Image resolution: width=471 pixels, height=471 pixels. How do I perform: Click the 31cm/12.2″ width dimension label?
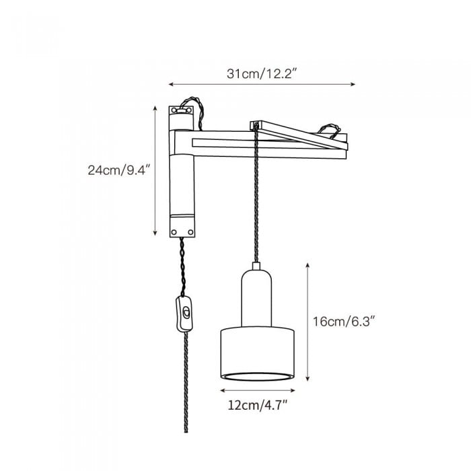[x=262, y=74]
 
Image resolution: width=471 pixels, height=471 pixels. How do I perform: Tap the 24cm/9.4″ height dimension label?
[x=118, y=170]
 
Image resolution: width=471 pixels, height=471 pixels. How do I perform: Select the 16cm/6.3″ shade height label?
[x=344, y=322]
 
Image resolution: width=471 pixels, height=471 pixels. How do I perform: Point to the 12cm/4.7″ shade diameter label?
[x=258, y=405]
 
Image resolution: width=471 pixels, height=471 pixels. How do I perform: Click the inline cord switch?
[x=184, y=314]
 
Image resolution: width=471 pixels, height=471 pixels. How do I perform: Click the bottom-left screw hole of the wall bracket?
[x=174, y=232]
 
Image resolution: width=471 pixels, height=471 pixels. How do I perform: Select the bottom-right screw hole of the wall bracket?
[x=190, y=232]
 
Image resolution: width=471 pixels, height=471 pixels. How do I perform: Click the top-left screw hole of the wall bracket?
[x=174, y=111]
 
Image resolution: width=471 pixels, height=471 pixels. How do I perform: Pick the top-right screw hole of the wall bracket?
[x=188, y=110]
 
